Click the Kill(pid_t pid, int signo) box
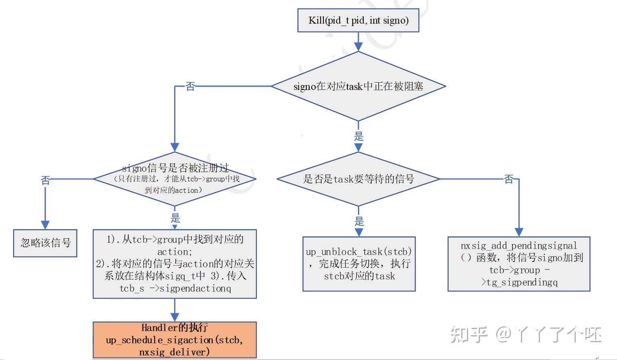[358, 20]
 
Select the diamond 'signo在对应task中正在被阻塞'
[358, 86]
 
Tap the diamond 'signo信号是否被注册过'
[175, 179]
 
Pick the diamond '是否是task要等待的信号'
[358, 179]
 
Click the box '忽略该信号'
[45, 243]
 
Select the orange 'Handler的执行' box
[175, 340]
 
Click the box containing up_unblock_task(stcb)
[359, 264]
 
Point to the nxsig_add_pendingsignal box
[519, 264]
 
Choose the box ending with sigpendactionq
[175, 264]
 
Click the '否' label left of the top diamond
[190, 86]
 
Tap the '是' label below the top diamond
[358, 136]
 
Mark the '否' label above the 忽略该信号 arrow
[45, 179]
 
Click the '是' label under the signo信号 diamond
[175, 218]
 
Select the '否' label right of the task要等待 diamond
[508, 179]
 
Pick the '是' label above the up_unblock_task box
[359, 221]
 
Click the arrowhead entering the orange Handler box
[175, 317]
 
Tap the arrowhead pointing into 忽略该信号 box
[45, 225]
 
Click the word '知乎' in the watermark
[469, 334]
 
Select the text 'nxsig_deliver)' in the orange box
[175, 352]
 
